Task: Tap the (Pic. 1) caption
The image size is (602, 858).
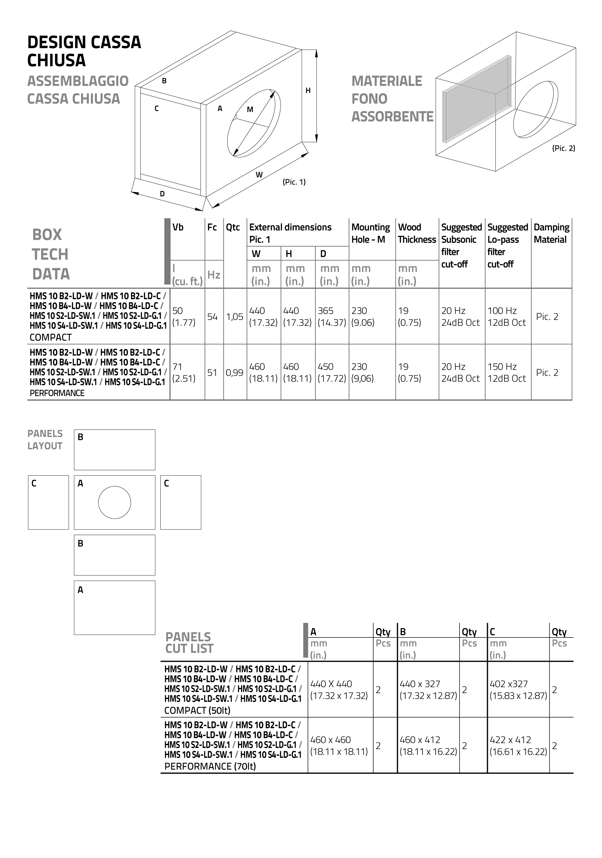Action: (x=294, y=182)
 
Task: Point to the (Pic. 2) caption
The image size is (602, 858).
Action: (x=563, y=148)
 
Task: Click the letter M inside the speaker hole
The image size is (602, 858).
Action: (x=250, y=110)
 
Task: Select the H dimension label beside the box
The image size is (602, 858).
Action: (x=308, y=91)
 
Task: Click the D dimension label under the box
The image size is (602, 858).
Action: (x=162, y=194)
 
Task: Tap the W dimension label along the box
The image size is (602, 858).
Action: (x=259, y=174)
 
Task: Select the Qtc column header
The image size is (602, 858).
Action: (x=233, y=227)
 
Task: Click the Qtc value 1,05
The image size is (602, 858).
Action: (x=235, y=317)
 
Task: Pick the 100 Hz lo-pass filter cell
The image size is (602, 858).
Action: (x=507, y=316)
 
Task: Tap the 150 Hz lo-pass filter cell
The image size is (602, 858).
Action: (x=507, y=372)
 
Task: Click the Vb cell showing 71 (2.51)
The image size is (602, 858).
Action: (x=184, y=372)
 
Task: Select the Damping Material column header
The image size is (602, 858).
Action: (x=551, y=233)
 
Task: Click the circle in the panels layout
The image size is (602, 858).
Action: (x=114, y=502)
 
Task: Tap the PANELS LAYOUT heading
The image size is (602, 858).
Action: (x=45, y=440)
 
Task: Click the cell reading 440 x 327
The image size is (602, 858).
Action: (x=428, y=690)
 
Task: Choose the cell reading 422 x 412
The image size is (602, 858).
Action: (x=518, y=745)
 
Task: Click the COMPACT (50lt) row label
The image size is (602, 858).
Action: (x=197, y=710)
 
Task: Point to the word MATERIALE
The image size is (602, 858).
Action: (x=386, y=81)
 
